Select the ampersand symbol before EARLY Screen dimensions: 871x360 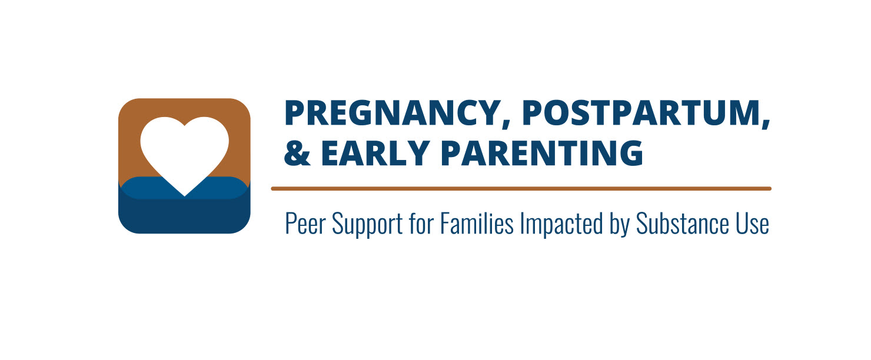point(297,154)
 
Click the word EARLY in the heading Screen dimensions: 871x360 point(375,154)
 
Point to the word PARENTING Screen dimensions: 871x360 point(542,154)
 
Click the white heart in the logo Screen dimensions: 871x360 point(184,152)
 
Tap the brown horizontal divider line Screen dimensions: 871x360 point(521,189)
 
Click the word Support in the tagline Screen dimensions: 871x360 point(367,225)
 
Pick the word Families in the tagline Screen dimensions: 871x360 point(477,223)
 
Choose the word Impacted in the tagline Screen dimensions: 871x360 point(561,224)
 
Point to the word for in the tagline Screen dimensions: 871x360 point(421,223)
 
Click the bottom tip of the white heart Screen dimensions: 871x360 point(184,196)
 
